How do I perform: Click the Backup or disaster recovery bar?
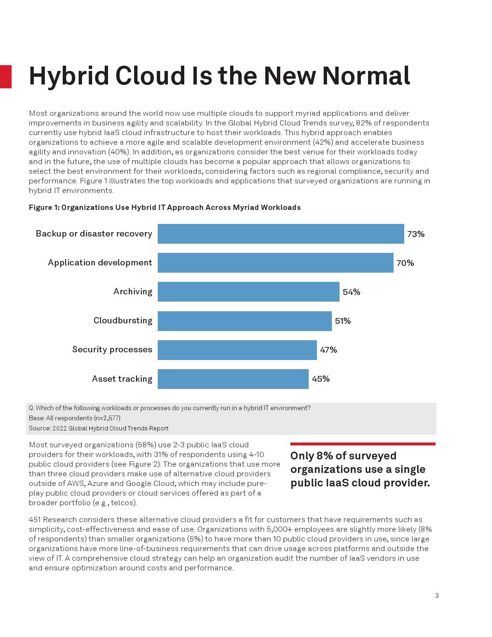(281, 234)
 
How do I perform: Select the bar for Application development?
(275, 263)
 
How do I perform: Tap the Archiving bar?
(248, 291)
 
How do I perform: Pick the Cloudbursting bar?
(245, 321)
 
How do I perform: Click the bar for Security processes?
(237, 350)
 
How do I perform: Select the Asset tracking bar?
(233, 379)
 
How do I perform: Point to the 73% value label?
(416, 234)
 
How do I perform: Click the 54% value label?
(351, 292)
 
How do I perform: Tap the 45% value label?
(321, 379)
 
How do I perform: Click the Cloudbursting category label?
(123, 320)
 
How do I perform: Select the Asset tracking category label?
(122, 379)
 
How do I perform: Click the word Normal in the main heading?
(366, 76)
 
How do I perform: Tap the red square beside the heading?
(5, 77)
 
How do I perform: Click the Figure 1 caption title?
(164, 208)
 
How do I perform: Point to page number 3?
(437, 595)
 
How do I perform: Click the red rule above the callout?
(363, 444)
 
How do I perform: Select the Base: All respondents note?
(75, 418)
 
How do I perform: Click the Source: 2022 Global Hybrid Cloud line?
(99, 428)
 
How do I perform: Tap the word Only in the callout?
(302, 456)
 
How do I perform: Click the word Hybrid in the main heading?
(69, 76)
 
